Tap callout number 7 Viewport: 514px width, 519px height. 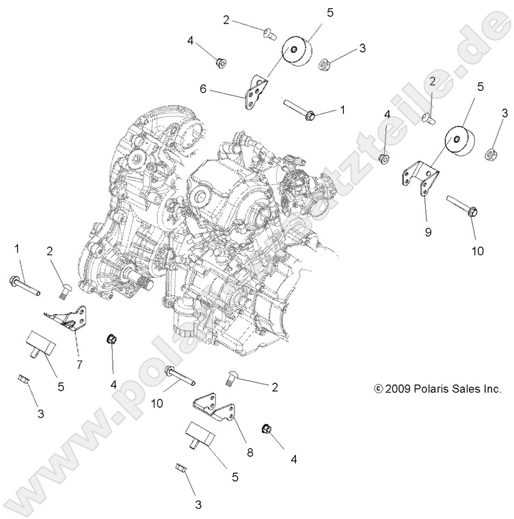pos(79,365)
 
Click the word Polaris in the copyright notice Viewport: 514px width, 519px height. pos(439,389)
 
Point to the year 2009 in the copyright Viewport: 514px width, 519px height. pos(401,389)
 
